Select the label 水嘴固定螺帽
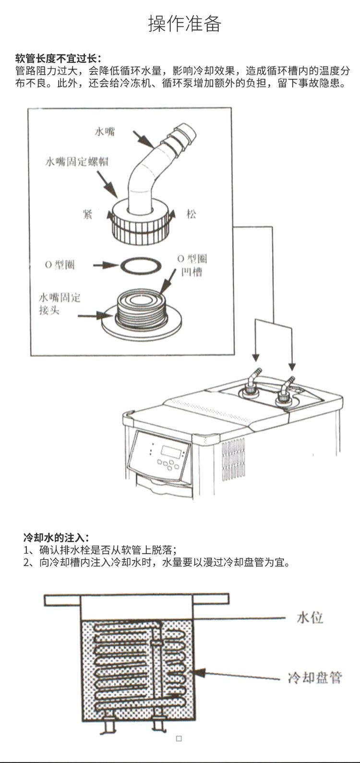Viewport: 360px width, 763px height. click(x=77, y=161)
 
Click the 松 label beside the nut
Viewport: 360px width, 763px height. click(x=192, y=214)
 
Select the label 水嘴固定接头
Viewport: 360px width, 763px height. click(x=60, y=304)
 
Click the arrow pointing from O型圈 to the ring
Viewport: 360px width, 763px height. click(x=104, y=265)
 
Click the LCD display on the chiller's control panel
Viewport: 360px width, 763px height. click(x=170, y=452)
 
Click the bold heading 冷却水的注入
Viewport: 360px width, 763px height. click(x=57, y=537)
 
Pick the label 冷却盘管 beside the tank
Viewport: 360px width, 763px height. click(x=315, y=678)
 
